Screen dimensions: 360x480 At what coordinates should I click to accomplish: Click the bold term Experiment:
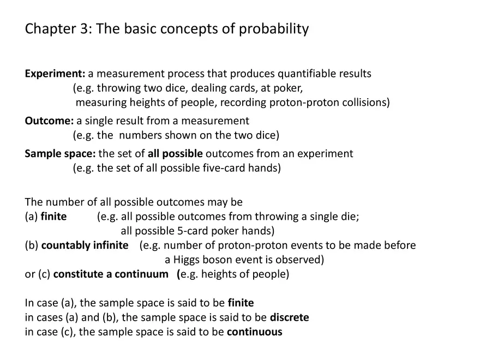coord(55,74)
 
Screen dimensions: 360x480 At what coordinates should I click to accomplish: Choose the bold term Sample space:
coord(60,154)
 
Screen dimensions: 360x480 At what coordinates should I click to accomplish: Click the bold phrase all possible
coord(175,154)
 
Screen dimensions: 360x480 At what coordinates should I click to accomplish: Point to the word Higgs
coord(189,259)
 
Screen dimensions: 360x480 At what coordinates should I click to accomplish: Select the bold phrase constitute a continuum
coord(111,274)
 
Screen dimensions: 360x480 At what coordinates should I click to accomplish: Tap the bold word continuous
coord(255,332)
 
